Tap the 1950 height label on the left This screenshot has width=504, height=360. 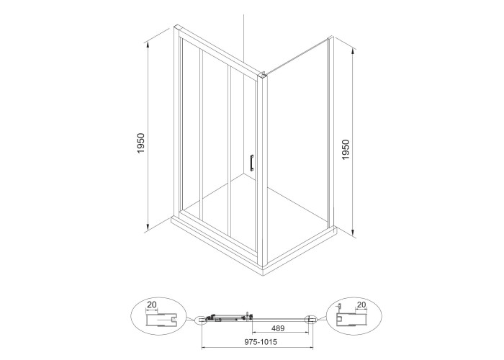tap(141, 143)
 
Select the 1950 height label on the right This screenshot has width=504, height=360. tap(346, 150)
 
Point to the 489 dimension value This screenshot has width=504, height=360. tap(278, 328)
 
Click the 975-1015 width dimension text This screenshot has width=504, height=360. tap(260, 342)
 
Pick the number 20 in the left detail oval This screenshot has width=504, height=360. tap(152, 305)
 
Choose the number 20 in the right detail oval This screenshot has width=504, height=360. tap(361, 305)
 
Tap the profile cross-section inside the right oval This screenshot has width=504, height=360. tap(351, 319)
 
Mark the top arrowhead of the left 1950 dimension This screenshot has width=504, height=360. tap(148, 45)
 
